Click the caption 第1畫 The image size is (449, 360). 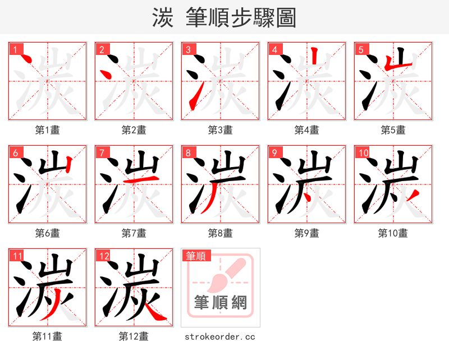click(x=48, y=130)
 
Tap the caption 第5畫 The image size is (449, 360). click(x=393, y=130)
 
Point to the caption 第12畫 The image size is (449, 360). click(x=134, y=336)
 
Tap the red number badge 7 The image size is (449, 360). click(x=102, y=153)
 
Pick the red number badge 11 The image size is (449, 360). click(x=17, y=256)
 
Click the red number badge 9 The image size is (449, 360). click(x=274, y=153)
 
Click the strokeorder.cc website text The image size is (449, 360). click(x=220, y=336)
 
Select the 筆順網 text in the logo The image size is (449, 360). click(x=221, y=303)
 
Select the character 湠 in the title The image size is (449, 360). click(x=162, y=18)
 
